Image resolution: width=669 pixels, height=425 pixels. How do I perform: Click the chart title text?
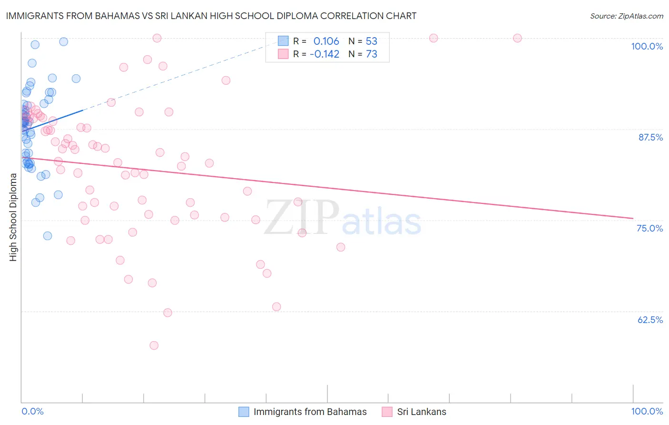click(x=211, y=16)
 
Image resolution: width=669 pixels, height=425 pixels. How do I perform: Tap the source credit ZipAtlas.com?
click(x=626, y=16)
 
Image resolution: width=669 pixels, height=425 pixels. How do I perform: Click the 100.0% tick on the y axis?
click(x=647, y=46)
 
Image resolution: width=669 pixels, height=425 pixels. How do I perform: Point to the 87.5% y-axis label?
click(x=650, y=137)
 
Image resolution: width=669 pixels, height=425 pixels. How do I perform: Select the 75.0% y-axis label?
click(x=649, y=228)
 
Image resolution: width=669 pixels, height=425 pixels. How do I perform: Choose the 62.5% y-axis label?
click(x=650, y=320)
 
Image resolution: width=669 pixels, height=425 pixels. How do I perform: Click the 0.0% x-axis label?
click(x=32, y=411)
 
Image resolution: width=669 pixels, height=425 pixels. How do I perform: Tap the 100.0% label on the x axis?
click(x=647, y=411)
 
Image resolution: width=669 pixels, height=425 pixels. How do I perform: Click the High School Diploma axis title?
click(x=13, y=217)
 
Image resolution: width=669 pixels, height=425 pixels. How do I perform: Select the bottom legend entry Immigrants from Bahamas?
click(x=310, y=412)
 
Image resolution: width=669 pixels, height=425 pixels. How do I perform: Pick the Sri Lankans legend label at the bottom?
click(x=422, y=412)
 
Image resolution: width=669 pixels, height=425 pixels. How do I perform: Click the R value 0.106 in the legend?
click(x=326, y=41)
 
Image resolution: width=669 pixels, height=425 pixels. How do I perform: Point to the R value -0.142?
click(x=325, y=54)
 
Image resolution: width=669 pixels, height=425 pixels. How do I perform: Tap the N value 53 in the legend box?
click(x=371, y=41)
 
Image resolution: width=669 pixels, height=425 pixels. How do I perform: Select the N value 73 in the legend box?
click(x=371, y=54)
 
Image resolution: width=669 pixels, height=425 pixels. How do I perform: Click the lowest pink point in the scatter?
click(x=154, y=345)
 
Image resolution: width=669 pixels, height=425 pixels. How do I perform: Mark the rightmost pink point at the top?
click(x=517, y=38)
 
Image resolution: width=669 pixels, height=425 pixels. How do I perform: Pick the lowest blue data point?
click(x=48, y=236)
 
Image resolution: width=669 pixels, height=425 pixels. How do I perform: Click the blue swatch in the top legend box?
click(x=283, y=41)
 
